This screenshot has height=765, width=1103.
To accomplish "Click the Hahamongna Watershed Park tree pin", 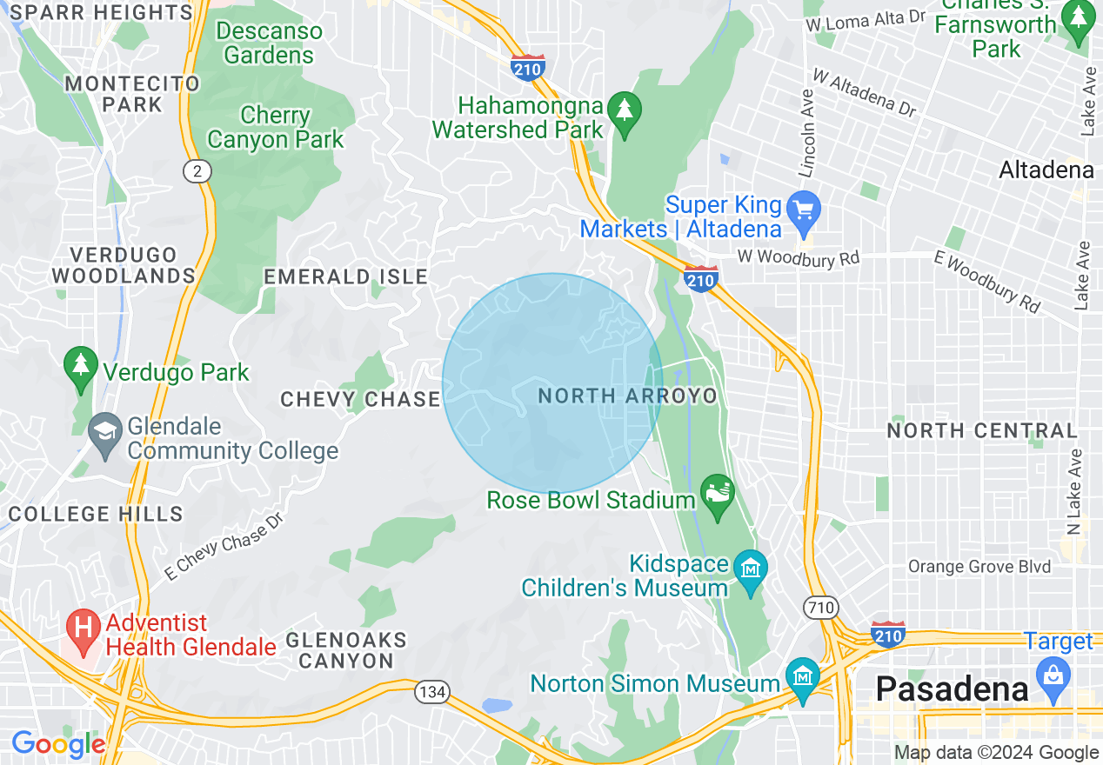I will (x=624, y=110).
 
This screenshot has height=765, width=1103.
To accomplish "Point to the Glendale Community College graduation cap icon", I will (x=106, y=432).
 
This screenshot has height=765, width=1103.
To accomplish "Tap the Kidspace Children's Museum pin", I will (x=750, y=570).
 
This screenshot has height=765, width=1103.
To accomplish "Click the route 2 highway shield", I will (x=198, y=171).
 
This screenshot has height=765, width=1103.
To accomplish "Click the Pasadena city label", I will (x=953, y=689).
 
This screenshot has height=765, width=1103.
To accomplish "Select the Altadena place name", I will (x=1046, y=170).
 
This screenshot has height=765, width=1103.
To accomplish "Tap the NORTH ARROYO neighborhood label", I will (x=627, y=396).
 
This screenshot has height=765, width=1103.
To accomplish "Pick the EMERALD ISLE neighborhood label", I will (x=345, y=276).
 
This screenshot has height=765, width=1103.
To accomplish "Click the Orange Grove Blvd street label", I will (x=979, y=567).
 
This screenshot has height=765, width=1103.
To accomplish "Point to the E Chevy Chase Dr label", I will (x=224, y=545).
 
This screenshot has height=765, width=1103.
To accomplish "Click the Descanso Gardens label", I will (x=269, y=43).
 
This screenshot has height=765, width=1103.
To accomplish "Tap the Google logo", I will (x=57, y=744).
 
